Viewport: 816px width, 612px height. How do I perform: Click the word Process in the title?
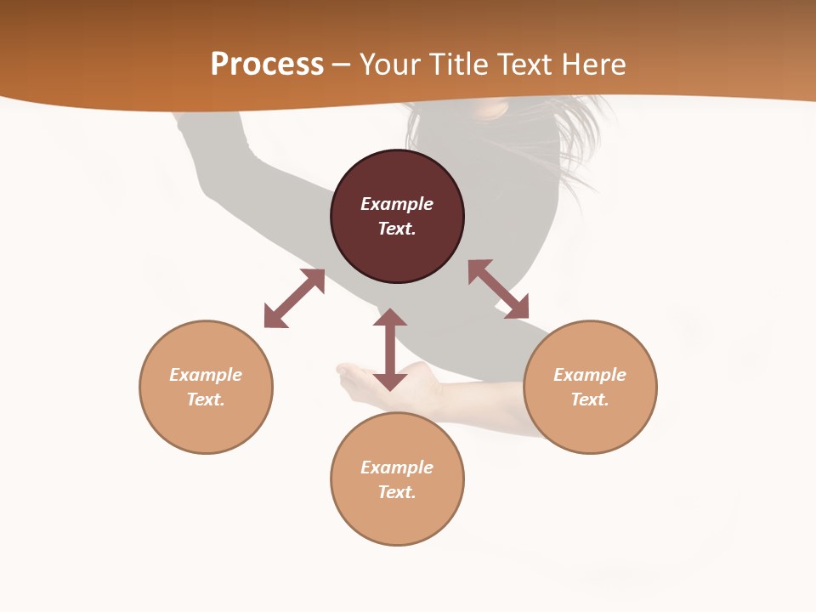click(x=267, y=65)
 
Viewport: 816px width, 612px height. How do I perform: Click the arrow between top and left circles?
click(x=294, y=298)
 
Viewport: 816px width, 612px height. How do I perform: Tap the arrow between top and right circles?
click(x=498, y=289)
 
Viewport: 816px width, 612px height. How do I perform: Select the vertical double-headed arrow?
click(x=390, y=349)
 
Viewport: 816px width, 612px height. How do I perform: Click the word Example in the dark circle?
click(x=397, y=204)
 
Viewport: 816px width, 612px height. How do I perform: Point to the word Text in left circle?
click(x=206, y=399)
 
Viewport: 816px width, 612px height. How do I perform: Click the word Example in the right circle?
click(x=590, y=375)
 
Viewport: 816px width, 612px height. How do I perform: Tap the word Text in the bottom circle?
click(x=397, y=492)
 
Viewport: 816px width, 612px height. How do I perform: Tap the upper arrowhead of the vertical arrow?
click(x=390, y=318)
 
